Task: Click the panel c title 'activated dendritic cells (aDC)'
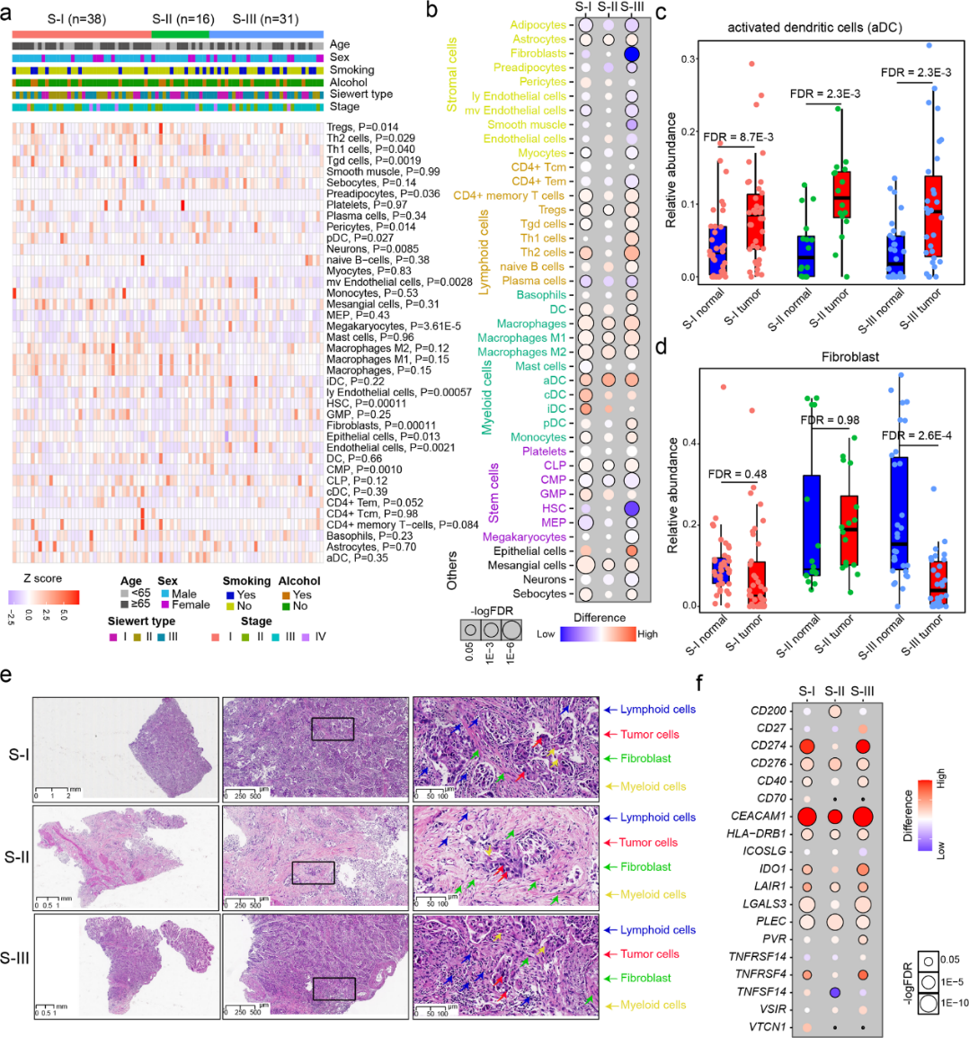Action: coord(814,27)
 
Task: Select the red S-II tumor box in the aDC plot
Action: coord(840,195)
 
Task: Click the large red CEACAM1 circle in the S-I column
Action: coord(806,817)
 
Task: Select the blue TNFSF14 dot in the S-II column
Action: coord(835,991)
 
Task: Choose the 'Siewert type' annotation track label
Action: coord(361,94)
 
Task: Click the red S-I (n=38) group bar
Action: coord(81,33)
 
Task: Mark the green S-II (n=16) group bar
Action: coord(180,33)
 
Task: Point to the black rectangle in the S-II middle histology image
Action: coord(313,872)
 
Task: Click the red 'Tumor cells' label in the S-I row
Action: coord(649,734)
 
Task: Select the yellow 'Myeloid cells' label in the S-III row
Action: coord(653,1005)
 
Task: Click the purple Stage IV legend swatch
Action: coord(306,637)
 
